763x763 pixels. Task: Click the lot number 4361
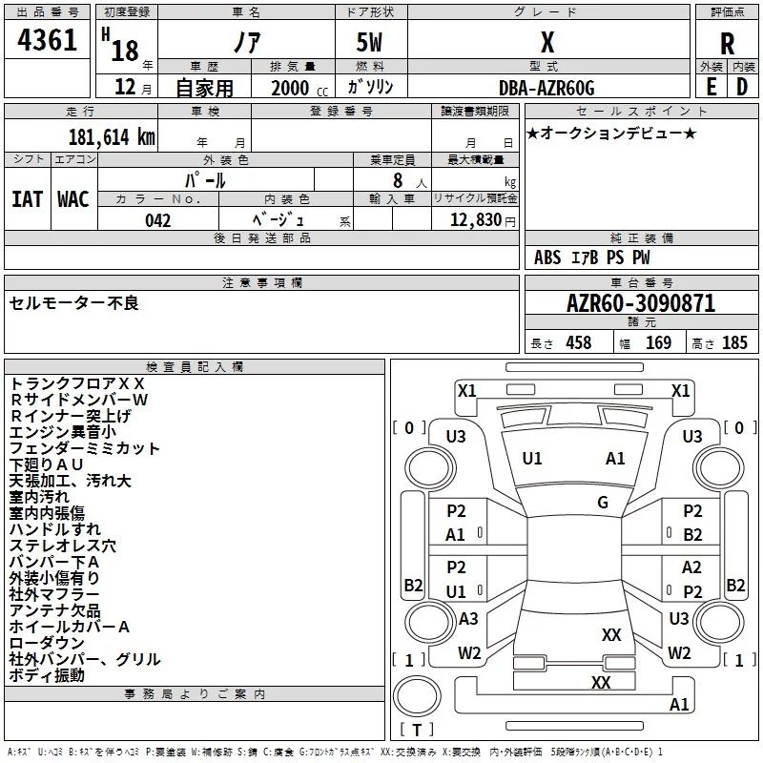pyautogui.click(x=47, y=39)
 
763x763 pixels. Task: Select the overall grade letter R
pyautogui.click(x=727, y=44)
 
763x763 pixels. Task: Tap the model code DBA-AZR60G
pyautogui.click(x=546, y=88)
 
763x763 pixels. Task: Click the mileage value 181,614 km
pyautogui.click(x=112, y=136)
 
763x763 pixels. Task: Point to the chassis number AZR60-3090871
pyautogui.click(x=641, y=303)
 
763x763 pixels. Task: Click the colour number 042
pyautogui.click(x=157, y=220)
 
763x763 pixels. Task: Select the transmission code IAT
pyautogui.click(x=28, y=199)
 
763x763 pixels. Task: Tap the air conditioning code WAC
pyautogui.click(x=73, y=199)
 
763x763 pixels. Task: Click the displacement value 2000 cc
pyautogui.click(x=299, y=88)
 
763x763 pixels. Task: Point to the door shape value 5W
pyautogui.click(x=369, y=42)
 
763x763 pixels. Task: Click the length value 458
pyautogui.click(x=579, y=342)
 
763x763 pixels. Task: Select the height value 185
pyautogui.click(x=734, y=342)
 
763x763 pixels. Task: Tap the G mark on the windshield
pyautogui.click(x=603, y=503)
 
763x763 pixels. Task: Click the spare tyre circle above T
pyautogui.click(x=417, y=696)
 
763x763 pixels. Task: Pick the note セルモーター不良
pyautogui.click(x=74, y=303)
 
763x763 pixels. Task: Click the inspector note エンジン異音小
pyautogui.click(x=63, y=432)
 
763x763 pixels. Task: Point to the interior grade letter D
pyautogui.click(x=742, y=87)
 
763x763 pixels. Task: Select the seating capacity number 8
pyautogui.click(x=398, y=180)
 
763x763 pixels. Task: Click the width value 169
pyautogui.click(x=658, y=342)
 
